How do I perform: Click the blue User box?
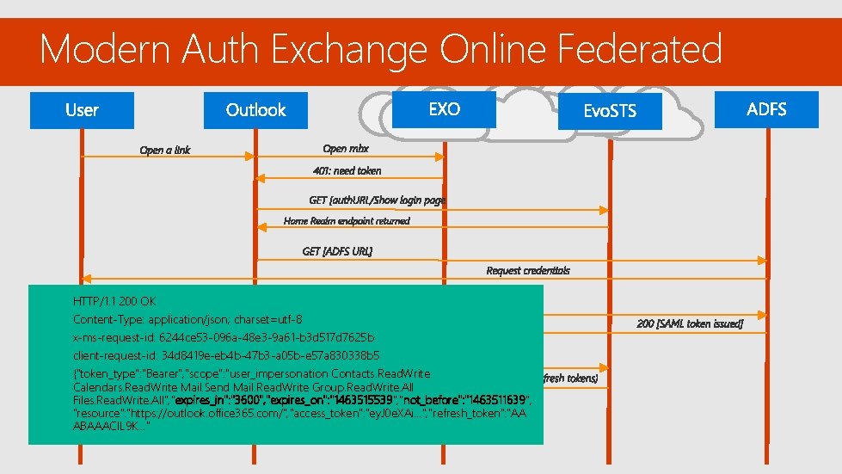pyautogui.click(x=82, y=110)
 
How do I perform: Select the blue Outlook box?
pyautogui.click(x=255, y=110)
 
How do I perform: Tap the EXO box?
pyautogui.click(x=444, y=109)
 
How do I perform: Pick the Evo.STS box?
pyautogui.click(x=610, y=112)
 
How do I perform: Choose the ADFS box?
pyautogui.click(x=766, y=109)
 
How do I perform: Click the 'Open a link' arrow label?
pyautogui.click(x=165, y=151)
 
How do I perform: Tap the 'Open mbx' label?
pyautogui.click(x=346, y=150)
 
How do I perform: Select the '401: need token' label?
pyautogui.click(x=347, y=170)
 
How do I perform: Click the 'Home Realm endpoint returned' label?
pyautogui.click(x=347, y=221)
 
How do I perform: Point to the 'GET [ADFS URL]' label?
pyautogui.click(x=337, y=251)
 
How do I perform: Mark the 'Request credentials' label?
pyautogui.click(x=527, y=270)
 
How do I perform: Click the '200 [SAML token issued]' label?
pyautogui.click(x=690, y=324)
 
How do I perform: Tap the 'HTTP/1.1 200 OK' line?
pyautogui.click(x=114, y=302)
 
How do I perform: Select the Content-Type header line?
pyautogui.click(x=187, y=319)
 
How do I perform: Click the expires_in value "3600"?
pyautogui.click(x=247, y=401)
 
